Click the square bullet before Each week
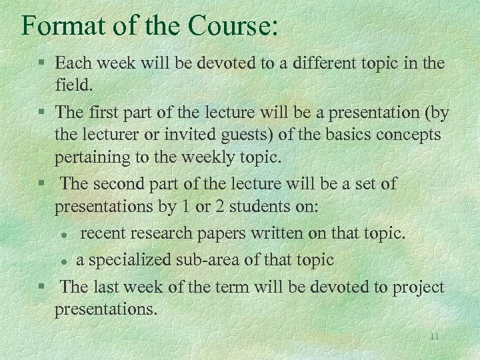coord(41,64)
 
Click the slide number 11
coord(434,336)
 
